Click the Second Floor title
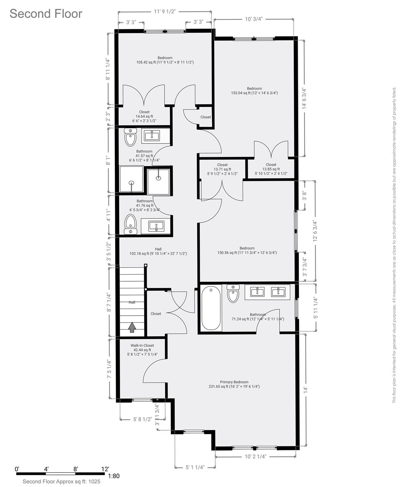pos(46,14)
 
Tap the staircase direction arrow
pos(132,327)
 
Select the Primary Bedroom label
pos(234,384)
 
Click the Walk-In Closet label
pos(142,350)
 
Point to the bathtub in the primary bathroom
pos(211,308)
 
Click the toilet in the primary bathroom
pos(233,294)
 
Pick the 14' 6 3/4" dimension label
pos(304,99)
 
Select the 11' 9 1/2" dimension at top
pos(165,12)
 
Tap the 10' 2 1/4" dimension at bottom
pos(256,457)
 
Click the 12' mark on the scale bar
pos(105,469)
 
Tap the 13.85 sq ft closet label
pos(271,169)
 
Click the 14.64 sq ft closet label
pos(144,116)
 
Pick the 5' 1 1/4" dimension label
pos(195,467)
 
